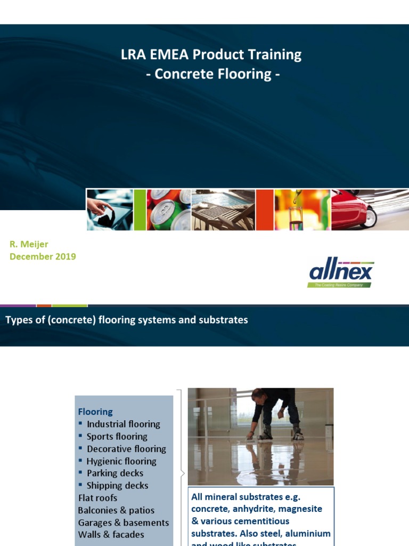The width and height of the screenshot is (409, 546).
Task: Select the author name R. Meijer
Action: tap(29, 244)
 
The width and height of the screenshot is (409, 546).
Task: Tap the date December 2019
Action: tap(43, 256)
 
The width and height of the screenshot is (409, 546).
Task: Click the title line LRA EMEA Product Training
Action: tap(211, 54)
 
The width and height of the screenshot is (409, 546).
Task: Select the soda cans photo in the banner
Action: tap(168, 210)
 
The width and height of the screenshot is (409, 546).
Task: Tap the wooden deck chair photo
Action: tap(223, 210)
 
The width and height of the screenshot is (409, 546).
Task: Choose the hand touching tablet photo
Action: tap(110, 210)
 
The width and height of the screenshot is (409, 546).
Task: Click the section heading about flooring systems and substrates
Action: tap(126, 320)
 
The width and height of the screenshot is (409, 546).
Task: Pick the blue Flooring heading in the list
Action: tap(95, 412)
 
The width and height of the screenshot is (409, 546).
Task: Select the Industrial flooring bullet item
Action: tap(123, 424)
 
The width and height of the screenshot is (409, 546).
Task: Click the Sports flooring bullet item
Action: tap(117, 437)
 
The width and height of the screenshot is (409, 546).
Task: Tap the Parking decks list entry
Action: tap(114, 473)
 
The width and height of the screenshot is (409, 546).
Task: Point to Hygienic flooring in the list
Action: tap(121, 461)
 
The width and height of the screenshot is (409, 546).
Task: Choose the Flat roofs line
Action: tap(97, 498)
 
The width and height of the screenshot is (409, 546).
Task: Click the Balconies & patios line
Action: tap(116, 510)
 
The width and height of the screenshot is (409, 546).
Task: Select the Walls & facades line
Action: tap(111, 534)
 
